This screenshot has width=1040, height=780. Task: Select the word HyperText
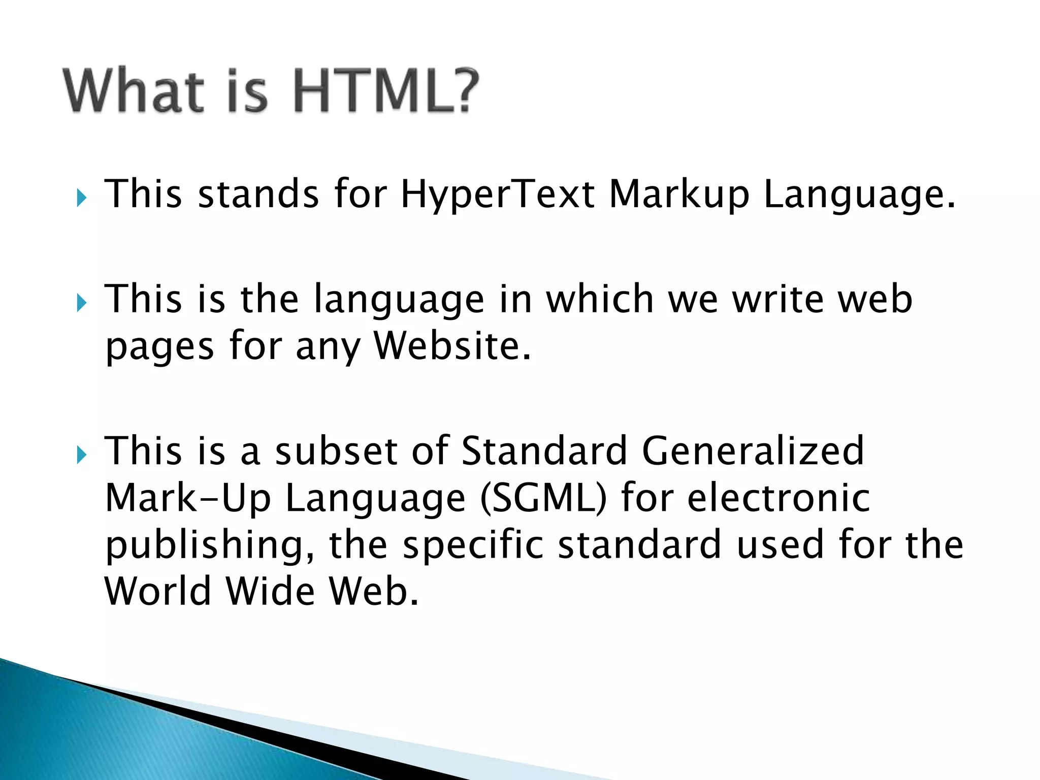497,194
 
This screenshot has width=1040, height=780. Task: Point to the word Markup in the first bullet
679,194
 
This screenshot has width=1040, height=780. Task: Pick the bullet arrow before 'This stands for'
82,198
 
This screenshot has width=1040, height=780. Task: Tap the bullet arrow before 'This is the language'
82,303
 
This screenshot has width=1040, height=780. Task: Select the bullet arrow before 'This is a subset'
82,455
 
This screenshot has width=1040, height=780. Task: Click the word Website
452,346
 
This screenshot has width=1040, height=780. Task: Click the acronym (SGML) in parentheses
543,498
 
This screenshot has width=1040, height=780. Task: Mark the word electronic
778,497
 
